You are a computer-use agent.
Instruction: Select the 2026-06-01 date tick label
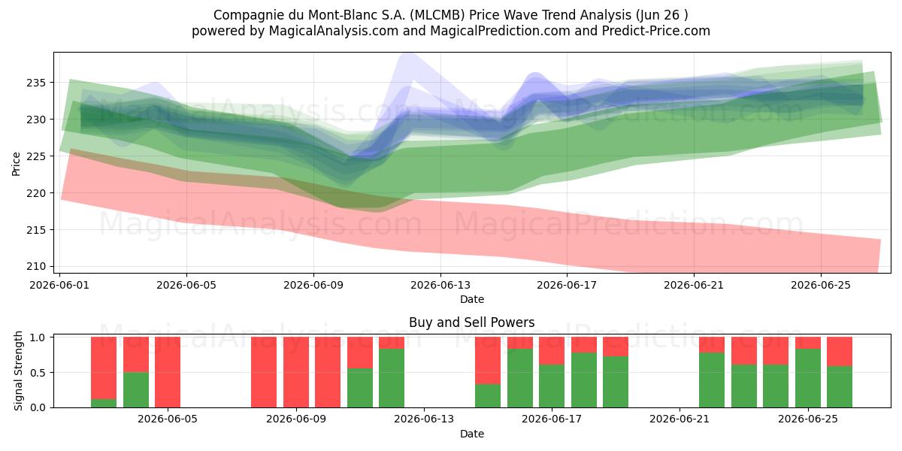coord(59,285)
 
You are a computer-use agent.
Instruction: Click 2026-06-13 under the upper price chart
coord(440,285)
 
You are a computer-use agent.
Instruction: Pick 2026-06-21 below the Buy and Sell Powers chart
coord(680,419)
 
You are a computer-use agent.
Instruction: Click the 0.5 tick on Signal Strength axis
coord(39,373)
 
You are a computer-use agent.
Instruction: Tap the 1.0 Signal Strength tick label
coord(39,337)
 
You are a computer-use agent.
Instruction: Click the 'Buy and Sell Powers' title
coord(471,322)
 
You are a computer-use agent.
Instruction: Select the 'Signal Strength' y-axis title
coord(18,371)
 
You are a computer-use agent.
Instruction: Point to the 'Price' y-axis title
coord(16,165)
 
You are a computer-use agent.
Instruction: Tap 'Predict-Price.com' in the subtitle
coord(656,31)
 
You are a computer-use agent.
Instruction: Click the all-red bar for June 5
coord(168,372)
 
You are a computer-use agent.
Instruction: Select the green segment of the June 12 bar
coord(392,378)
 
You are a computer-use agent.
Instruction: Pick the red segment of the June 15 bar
coord(488,360)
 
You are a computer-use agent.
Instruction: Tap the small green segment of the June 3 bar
coord(104,403)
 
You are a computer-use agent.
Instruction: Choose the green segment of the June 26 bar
coord(840,386)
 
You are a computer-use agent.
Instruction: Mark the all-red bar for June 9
coord(296,372)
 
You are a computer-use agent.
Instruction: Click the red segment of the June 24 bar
coord(776,351)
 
